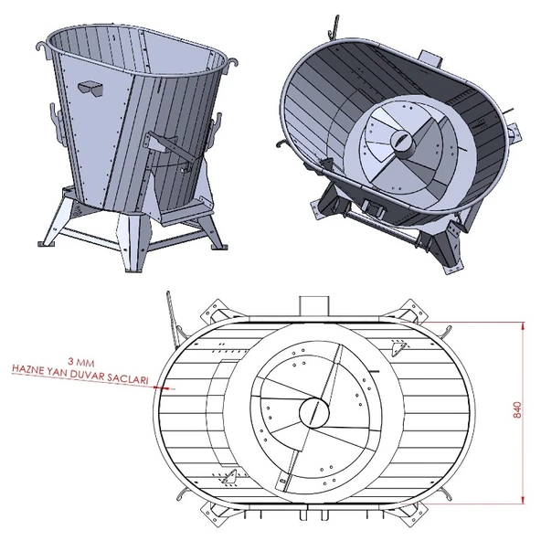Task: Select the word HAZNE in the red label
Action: [28, 372]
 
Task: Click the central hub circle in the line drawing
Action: [312, 411]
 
